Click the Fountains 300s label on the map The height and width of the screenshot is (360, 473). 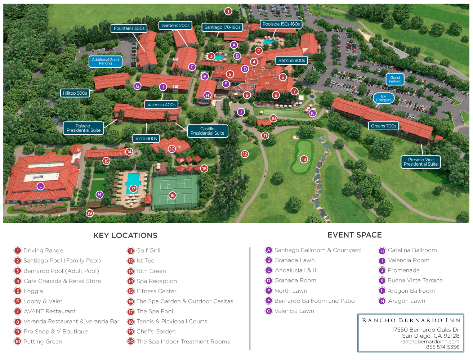(129, 28)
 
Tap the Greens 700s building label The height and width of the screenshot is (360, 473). (384, 126)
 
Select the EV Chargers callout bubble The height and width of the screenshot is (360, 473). (384, 98)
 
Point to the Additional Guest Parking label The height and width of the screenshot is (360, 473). (106, 61)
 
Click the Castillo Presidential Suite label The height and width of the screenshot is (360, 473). (207, 131)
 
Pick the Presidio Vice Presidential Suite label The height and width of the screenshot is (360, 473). (421, 162)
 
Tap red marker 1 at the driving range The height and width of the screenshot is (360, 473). (228, 11)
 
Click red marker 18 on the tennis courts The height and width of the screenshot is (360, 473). (173, 195)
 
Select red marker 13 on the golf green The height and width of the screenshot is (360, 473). (304, 159)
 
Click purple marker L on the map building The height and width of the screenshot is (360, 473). (40, 186)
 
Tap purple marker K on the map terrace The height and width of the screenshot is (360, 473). (312, 113)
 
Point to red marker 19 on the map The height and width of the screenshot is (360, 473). (89, 213)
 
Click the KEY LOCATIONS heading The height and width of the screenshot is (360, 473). (125, 235)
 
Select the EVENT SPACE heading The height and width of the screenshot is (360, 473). (354, 235)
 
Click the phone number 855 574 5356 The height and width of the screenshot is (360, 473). (442, 347)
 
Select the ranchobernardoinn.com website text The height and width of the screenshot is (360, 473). (430, 342)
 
